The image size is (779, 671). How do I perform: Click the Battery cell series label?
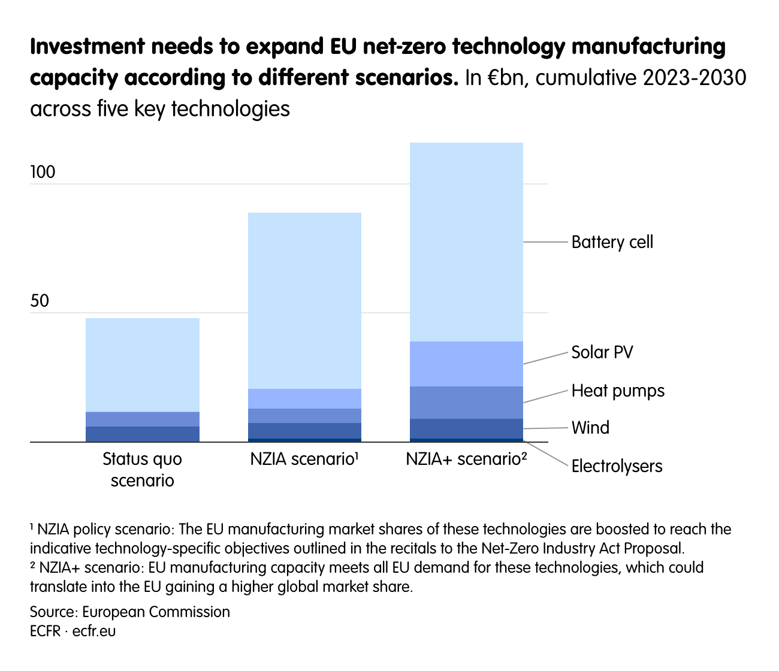612,242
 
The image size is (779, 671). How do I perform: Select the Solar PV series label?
602,352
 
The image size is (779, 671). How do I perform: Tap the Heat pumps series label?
618,391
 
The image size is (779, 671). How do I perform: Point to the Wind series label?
590,428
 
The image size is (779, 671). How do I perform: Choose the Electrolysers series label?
617,466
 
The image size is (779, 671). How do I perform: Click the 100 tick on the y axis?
43,173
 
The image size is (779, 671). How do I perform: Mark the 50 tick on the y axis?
40,301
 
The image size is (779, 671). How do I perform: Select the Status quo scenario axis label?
143,470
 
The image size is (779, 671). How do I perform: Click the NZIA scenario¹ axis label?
304,460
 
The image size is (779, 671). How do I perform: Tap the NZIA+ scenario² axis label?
466,460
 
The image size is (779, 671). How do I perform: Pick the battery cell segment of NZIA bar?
304,300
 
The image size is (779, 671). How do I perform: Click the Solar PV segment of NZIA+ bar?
466,364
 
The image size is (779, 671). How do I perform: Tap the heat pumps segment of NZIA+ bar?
466,402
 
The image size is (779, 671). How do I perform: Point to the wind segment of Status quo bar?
143,434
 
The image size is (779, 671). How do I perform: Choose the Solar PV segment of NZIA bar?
304,398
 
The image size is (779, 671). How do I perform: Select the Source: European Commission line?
130,612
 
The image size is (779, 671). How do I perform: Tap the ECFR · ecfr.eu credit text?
73,631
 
